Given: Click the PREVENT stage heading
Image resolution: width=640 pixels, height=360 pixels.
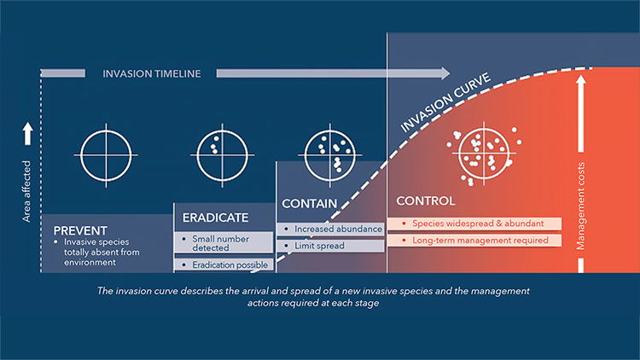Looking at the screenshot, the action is point(80,230).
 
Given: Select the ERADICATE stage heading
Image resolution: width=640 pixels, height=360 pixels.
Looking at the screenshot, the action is point(216,218).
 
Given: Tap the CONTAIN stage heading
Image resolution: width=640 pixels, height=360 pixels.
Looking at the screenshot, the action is point(310,204).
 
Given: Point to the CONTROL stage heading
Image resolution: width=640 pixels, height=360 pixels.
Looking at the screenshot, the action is point(426,200).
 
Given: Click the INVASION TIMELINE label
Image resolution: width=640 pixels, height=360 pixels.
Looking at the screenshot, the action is point(152,74).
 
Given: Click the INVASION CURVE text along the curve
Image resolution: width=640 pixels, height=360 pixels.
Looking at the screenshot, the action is point(445,103).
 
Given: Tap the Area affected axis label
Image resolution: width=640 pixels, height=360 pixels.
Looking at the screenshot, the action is point(26,191).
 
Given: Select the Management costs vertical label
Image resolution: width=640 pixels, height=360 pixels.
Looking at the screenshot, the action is point(580,206).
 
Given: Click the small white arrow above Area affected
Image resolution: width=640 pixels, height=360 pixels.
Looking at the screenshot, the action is point(27,133).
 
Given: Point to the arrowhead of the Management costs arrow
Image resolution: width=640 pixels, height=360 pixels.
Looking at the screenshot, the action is point(581,78).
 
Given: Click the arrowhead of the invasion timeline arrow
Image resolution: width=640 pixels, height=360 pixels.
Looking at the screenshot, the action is point(445,73).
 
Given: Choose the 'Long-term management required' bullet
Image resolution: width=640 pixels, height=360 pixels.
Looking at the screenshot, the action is point(474,241).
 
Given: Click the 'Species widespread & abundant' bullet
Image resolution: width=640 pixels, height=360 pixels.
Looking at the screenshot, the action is point(474,224).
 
